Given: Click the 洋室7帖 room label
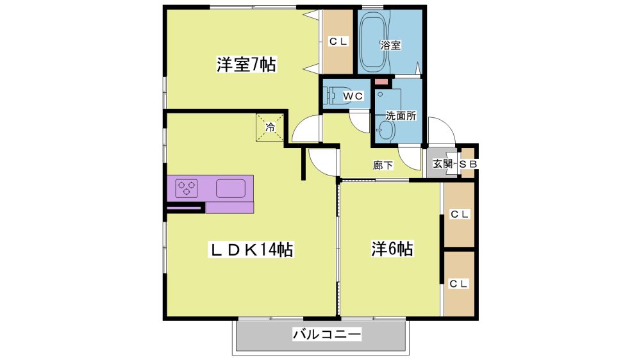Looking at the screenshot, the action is (x=246, y=65).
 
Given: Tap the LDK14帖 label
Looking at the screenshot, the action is (x=251, y=249).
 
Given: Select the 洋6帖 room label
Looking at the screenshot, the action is (x=392, y=249).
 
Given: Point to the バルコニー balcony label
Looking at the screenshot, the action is (x=327, y=334).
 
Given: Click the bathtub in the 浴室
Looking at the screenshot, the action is (x=374, y=42).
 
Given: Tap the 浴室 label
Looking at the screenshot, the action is (x=390, y=45).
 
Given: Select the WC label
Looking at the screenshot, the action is (x=353, y=96).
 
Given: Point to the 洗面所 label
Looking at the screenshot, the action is (x=401, y=116).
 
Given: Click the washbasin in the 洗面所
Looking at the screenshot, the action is (x=385, y=131).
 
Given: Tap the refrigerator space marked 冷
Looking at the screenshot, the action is (x=270, y=127).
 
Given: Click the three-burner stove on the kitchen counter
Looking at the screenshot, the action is (x=187, y=188).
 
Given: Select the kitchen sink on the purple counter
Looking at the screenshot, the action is (x=231, y=188).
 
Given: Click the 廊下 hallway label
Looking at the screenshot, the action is (x=383, y=165).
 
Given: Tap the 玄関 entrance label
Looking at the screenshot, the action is (x=443, y=164).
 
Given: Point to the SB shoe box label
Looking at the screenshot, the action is (x=468, y=164).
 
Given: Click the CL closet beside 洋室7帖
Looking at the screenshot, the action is (x=338, y=42).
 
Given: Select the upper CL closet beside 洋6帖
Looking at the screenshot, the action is (x=459, y=215).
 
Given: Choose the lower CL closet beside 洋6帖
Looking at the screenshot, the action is (x=459, y=284).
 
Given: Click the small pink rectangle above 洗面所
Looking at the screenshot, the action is (x=381, y=82).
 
